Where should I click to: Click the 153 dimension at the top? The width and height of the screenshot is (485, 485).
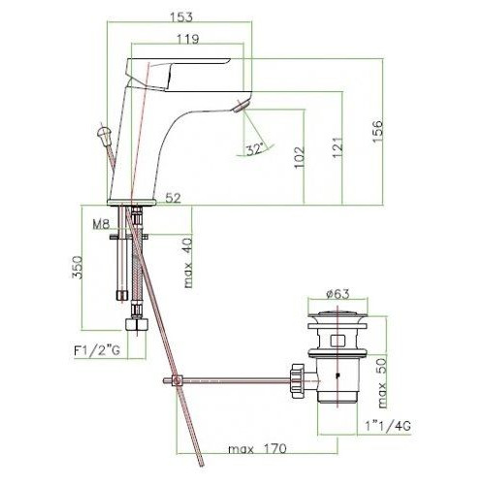coord(181,16)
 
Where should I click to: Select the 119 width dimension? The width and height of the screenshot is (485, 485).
coord(188,39)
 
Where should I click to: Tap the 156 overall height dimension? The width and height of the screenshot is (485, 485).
coord(377,131)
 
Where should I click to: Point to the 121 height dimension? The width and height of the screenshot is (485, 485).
coord(337,147)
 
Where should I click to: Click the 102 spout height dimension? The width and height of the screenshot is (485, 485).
coord(300,157)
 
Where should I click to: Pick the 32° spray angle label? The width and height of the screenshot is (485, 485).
coord(255,149)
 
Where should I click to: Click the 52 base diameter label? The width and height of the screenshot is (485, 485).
coord(174,198)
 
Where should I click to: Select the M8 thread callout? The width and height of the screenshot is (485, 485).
coord(101,224)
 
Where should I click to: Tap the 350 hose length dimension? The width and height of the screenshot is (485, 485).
coord(78,268)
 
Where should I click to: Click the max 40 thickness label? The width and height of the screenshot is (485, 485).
coord(188,263)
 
